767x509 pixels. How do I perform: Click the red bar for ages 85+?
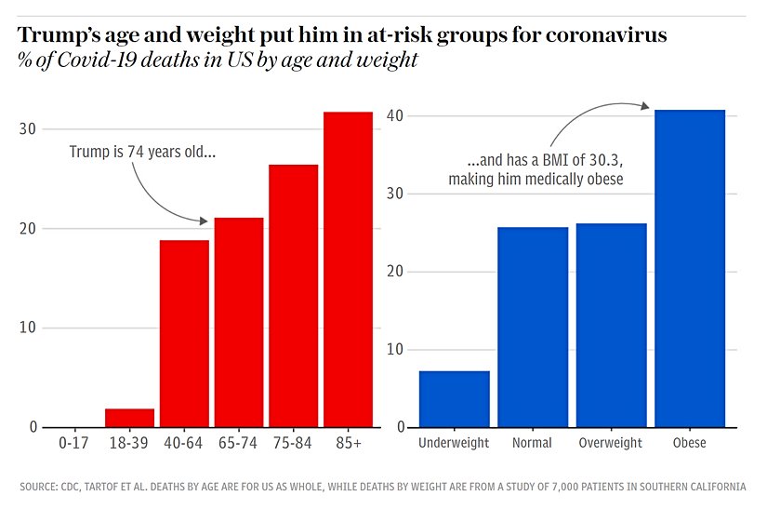348,270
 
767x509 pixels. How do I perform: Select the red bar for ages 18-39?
129,418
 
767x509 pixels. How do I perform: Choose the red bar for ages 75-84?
294,296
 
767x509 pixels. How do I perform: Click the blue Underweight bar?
454,399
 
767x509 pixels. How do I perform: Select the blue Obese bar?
690,269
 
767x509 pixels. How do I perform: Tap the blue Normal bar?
533,328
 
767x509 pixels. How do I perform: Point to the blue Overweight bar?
611,326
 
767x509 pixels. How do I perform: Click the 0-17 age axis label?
73,443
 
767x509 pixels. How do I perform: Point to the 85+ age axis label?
348,443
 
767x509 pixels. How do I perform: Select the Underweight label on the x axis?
454,443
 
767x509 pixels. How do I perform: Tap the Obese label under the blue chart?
690,443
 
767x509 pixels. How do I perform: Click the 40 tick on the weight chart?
394,115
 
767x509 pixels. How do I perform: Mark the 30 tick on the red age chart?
28,129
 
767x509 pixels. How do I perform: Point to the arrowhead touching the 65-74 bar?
204,221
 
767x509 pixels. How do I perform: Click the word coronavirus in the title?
607,36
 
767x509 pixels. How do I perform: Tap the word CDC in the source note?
73,487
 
